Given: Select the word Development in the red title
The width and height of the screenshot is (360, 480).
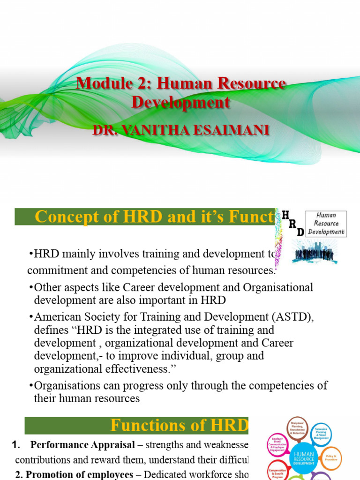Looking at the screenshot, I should [x=180, y=102].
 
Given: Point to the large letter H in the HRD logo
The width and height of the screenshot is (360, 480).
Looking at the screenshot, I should [x=285, y=215].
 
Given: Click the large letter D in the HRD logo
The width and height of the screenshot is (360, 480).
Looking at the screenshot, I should [x=300, y=232].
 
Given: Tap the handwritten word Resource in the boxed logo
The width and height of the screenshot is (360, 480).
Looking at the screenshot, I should [x=326, y=223].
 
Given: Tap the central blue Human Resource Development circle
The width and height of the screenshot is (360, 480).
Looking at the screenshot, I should [x=304, y=457].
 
